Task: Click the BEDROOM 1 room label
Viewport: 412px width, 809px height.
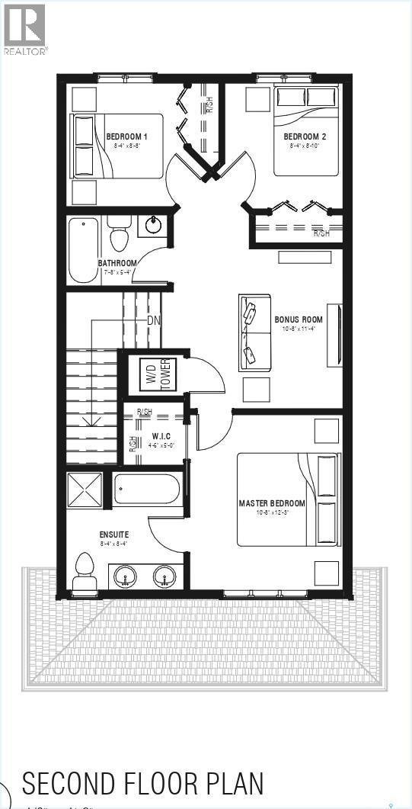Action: (x=126, y=136)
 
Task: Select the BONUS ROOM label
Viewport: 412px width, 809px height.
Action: (x=299, y=319)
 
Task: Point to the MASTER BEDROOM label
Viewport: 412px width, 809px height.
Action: (x=272, y=503)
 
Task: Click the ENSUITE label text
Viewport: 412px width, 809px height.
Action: (x=113, y=534)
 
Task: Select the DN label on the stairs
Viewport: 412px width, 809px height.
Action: (x=153, y=320)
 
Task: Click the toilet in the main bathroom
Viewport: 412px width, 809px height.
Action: (x=118, y=235)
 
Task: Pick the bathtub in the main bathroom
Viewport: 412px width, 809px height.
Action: (x=84, y=249)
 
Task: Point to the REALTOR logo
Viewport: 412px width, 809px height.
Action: (x=24, y=28)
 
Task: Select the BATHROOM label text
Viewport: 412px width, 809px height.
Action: (x=117, y=263)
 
